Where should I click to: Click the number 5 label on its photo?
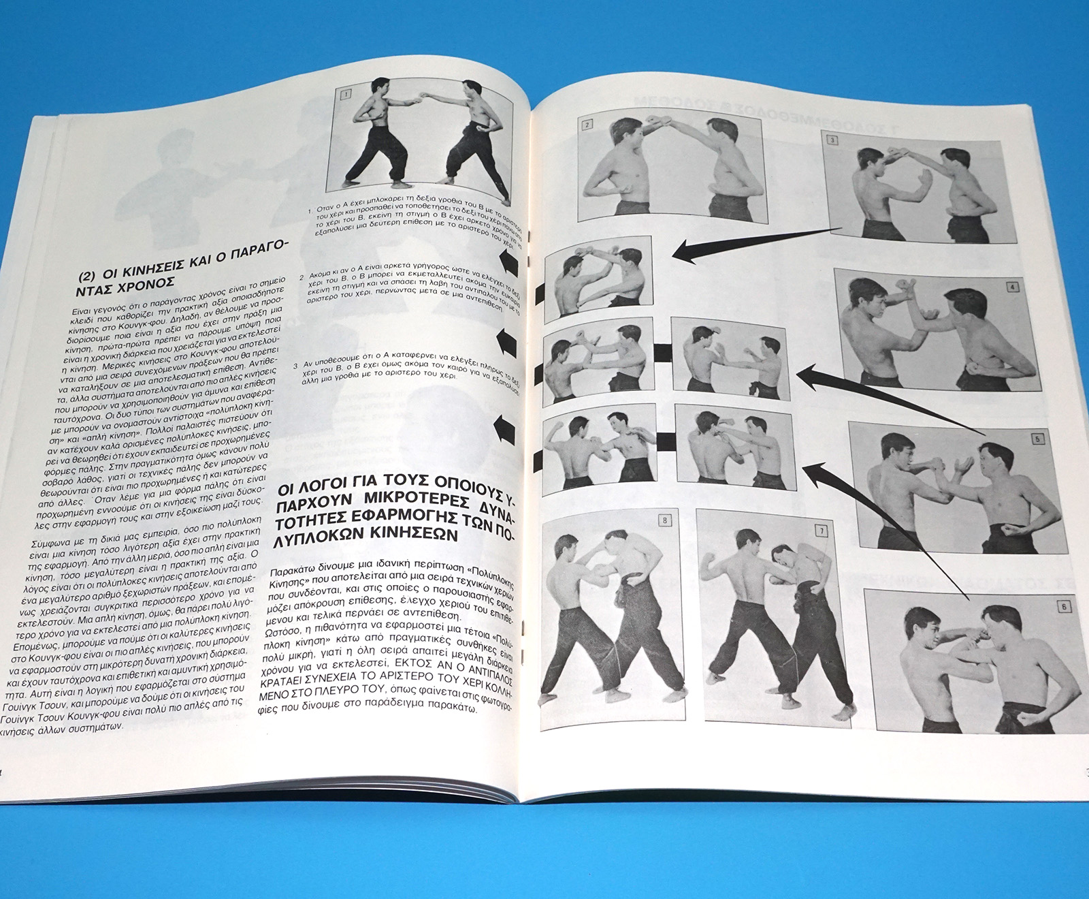1037,439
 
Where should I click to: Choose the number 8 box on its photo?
664,521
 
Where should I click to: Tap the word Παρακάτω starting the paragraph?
293,571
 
